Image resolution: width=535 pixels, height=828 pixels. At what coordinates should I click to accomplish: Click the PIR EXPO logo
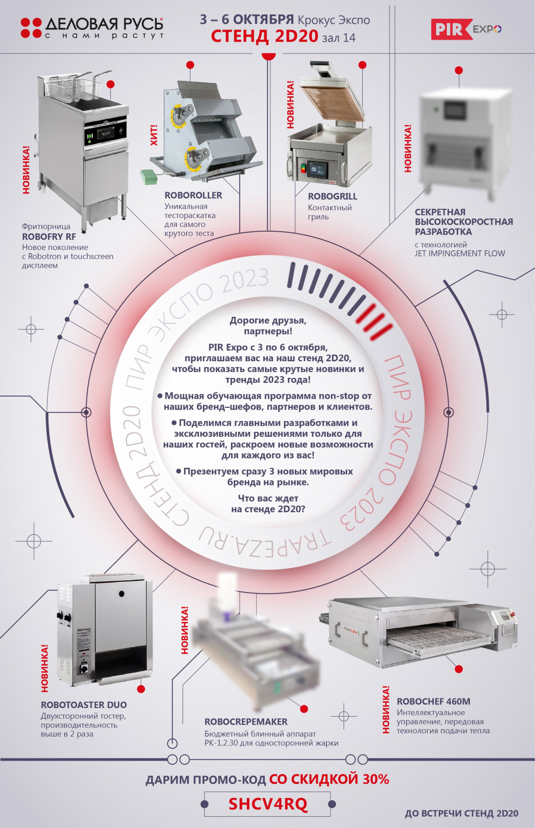[467, 29]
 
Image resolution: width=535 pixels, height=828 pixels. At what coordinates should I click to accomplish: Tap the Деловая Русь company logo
[92, 28]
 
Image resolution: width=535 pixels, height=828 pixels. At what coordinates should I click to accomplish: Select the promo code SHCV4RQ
[268, 803]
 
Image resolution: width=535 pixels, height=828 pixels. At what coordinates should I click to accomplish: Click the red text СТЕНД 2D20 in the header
[264, 36]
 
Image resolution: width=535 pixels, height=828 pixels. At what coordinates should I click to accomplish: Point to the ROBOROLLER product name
[193, 195]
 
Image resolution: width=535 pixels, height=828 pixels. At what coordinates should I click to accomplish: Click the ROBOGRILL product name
[333, 196]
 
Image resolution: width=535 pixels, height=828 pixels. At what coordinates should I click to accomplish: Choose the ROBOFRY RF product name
[49, 237]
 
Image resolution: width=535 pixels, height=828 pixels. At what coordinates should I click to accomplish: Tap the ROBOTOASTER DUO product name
[83, 705]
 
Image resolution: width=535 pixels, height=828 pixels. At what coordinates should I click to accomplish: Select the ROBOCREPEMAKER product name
[246, 721]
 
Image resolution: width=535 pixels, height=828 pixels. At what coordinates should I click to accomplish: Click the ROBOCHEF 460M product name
[433, 701]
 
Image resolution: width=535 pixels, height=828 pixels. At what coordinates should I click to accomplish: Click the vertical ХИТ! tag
[154, 135]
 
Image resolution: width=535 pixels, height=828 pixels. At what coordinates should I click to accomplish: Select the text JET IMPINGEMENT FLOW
[460, 254]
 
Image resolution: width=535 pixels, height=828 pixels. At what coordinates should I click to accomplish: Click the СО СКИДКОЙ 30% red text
[329, 779]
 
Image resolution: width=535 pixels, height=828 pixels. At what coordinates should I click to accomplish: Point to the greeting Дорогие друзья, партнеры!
[268, 325]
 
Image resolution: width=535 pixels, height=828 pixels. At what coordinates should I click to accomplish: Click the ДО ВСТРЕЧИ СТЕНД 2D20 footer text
[462, 814]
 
